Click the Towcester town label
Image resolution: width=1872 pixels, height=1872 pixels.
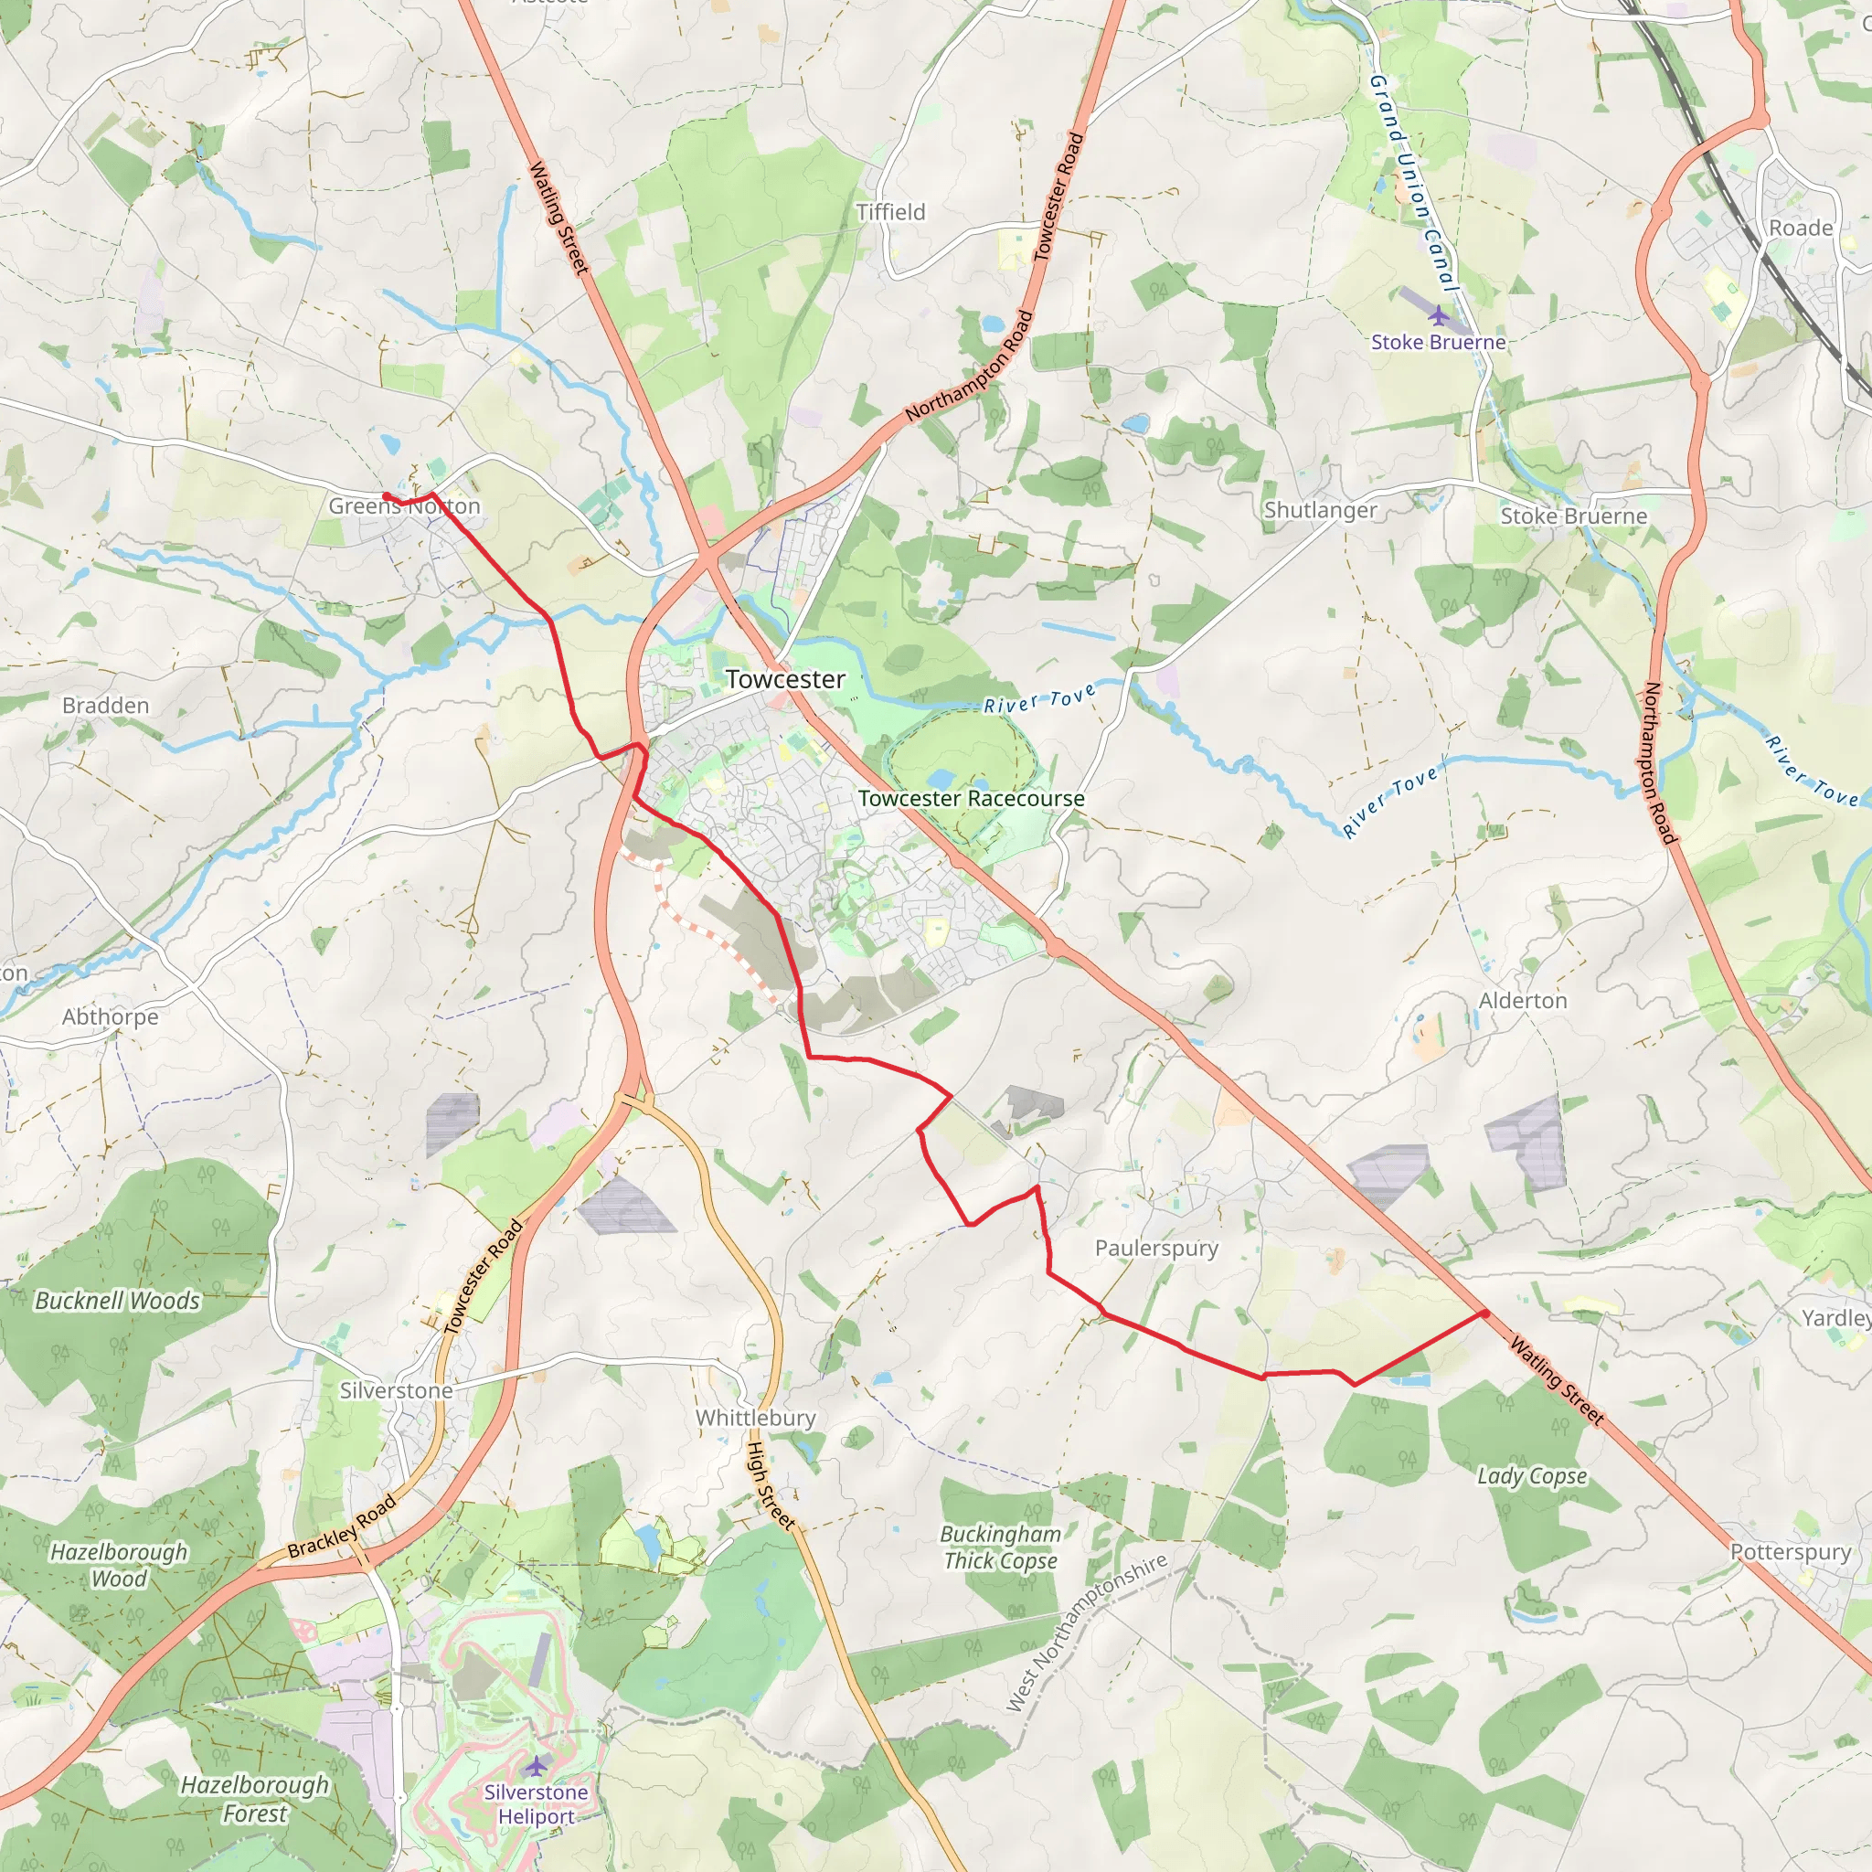[x=785, y=679]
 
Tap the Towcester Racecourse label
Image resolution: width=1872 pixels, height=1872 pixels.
[x=971, y=798]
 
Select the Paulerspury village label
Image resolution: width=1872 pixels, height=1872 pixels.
[x=1156, y=1248]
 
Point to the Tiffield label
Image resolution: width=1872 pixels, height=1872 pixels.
[x=890, y=212]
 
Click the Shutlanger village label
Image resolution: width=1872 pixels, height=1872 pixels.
[x=1320, y=510]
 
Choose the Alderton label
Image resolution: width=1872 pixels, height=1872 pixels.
[x=1522, y=1001]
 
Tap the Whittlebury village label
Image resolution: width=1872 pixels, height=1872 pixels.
[x=756, y=1418]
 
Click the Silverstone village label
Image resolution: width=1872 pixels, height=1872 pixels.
[x=395, y=1390]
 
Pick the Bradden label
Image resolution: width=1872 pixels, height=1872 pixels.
[x=106, y=706]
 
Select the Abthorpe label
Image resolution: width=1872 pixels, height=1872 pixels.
[x=111, y=1016]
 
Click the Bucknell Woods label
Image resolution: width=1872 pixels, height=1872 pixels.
[x=117, y=1301]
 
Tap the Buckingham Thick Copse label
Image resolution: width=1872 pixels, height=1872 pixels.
[x=1001, y=1548]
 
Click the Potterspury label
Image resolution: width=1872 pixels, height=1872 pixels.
[x=1791, y=1551]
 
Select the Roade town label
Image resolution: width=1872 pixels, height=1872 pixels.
[x=1801, y=228]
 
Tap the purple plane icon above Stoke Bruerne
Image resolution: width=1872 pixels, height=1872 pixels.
[x=1438, y=315]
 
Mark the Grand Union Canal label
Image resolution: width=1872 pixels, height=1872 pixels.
[x=1414, y=182]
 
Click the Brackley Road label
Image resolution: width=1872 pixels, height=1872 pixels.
[x=342, y=1526]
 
